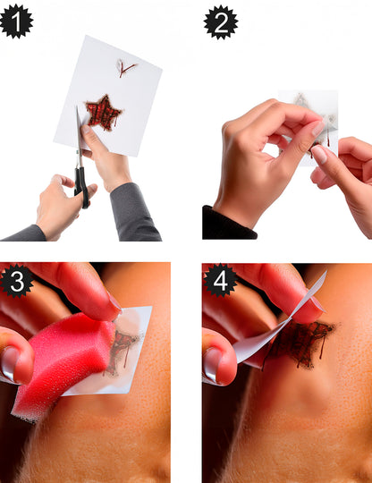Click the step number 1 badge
point(17,21)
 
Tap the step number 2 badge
point(221,21)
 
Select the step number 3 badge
point(17,281)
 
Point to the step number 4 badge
point(221,280)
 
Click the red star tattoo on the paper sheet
point(103,113)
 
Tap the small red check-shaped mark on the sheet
point(126,68)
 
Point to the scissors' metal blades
point(79,136)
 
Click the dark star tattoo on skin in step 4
point(300,342)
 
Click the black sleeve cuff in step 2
point(229,224)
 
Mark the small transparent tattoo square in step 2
point(309,128)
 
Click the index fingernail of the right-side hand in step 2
point(319,155)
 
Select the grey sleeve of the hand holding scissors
point(24,233)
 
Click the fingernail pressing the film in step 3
point(114,303)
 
